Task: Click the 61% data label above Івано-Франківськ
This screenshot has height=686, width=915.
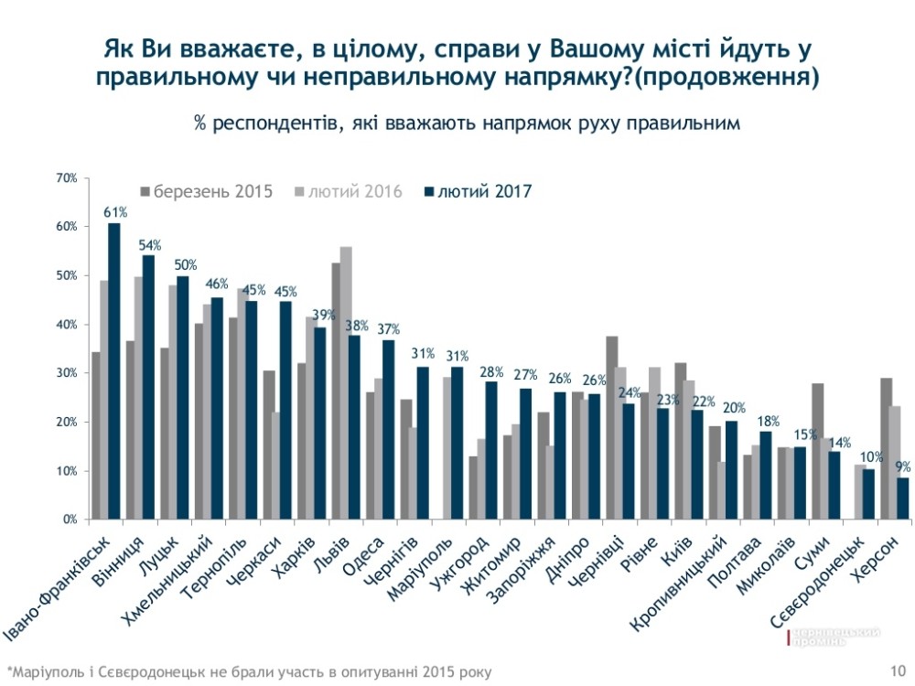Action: [x=114, y=213]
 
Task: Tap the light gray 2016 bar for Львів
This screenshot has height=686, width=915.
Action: [x=347, y=383]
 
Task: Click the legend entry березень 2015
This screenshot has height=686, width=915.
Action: [x=206, y=192]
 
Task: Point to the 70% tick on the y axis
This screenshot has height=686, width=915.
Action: [x=65, y=177]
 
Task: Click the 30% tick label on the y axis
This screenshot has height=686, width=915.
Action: [x=65, y=373]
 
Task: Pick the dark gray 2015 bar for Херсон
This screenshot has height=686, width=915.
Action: [x=887, y=448]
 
